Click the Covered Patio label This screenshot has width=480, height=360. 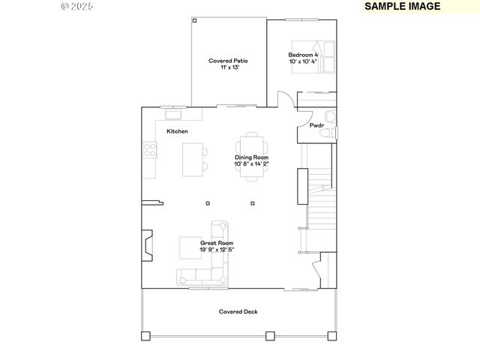point(229,61)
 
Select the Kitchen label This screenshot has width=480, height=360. point(177,131)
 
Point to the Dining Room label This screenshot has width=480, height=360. point(251,157)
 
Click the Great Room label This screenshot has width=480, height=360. point(216,243)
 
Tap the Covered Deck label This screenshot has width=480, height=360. point(238,311)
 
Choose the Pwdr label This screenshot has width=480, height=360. point(316,125)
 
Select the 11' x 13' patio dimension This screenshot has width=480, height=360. point(229,68)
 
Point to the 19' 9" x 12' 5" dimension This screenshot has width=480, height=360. point(216,250)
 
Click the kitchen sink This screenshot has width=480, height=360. point(173,115)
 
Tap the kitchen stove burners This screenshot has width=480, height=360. point(149,150)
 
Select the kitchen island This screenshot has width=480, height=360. point(192,159)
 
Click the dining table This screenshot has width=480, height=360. point(252,157)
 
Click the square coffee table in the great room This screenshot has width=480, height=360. point(188,247)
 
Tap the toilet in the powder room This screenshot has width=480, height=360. point(326,133)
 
